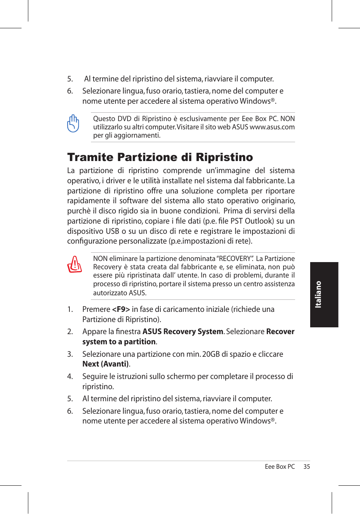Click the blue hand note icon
point(73,123)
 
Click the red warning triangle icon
point(74,264)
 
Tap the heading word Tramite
point(90,157)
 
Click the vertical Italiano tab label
point(318,295)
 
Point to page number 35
point(306,466)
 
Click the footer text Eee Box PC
point(280,466)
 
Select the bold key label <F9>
point(121,309)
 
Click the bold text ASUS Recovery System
point(183,331)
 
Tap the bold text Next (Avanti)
point(106,364)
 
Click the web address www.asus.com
point(272,127)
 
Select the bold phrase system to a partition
point(119,342)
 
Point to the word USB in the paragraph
point(112,231)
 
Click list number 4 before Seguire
point(70,376)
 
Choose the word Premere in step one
point(96,309)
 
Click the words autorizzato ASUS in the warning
point(120,293)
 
